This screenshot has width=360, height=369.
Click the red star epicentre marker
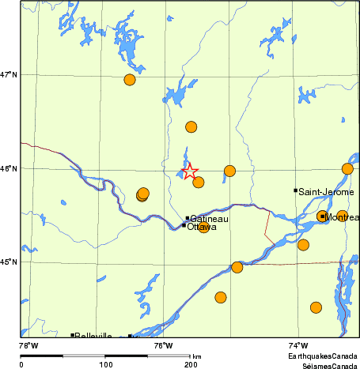pyautogui.click(x=189, y=171)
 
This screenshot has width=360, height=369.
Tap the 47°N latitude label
pyautogui.click(x=9, y=74)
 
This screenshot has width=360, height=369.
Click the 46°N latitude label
pyautogui.click(x=9, y=168)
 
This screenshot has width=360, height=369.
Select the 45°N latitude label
pyautogui.click(x=9, y=262)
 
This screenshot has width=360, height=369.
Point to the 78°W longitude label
pyautogui.click(x=28, y=345)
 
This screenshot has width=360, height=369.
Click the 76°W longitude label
pyautogui.click(x=163, y=345)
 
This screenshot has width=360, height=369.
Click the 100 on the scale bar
pyautogui.click(x=105, y=364)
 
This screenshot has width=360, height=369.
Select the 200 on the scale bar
pyautogui.click(x=191, y=364)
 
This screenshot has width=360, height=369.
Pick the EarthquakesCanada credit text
pyautogui.click(x=323, y=357)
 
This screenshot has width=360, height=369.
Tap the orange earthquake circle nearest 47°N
pyautogui.click(x=130, y=79)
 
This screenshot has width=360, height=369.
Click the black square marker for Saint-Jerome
pyautogui.click(x=296, y=190)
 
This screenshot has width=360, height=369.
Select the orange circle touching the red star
pyautogui.click(x=199, y=183)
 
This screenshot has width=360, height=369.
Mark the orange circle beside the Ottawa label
pyautogui.click(x=204, y=228)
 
